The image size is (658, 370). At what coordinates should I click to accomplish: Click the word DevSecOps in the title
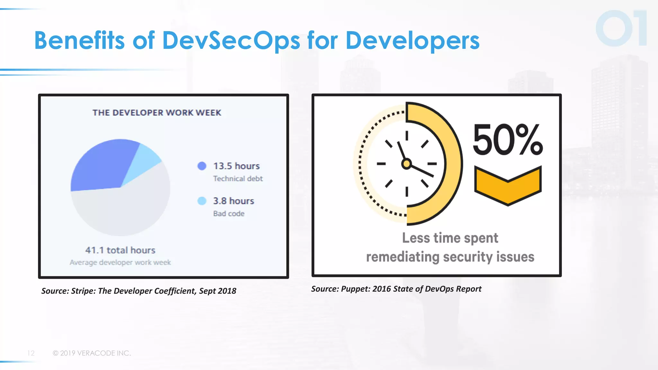(x=231, y=41)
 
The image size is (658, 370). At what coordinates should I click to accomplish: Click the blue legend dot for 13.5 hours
(x=202, y=166)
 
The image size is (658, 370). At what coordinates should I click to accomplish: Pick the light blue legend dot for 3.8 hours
(x=202, y=201)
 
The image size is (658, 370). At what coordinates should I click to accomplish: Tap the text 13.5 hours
(x=236, y=166)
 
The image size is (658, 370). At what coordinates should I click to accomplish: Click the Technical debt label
(x=238, y=179)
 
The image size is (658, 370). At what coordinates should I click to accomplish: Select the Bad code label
(x=229, y=214)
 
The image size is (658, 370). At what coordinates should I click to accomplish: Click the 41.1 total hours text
(x=120, y=250)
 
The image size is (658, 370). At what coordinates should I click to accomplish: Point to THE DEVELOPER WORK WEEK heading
(x=157, y=113)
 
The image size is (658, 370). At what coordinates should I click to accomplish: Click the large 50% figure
(x=508, y=140)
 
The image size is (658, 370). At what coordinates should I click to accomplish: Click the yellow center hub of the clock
(x=406, y=164)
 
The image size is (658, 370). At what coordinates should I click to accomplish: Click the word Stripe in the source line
(x=83, y=291)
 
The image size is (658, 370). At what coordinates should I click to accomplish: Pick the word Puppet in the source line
(x=355, y=289)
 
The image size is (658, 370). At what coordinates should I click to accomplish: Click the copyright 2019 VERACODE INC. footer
(x=92, y=353)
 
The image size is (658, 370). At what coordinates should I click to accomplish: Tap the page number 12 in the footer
(x=31, y=353)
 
